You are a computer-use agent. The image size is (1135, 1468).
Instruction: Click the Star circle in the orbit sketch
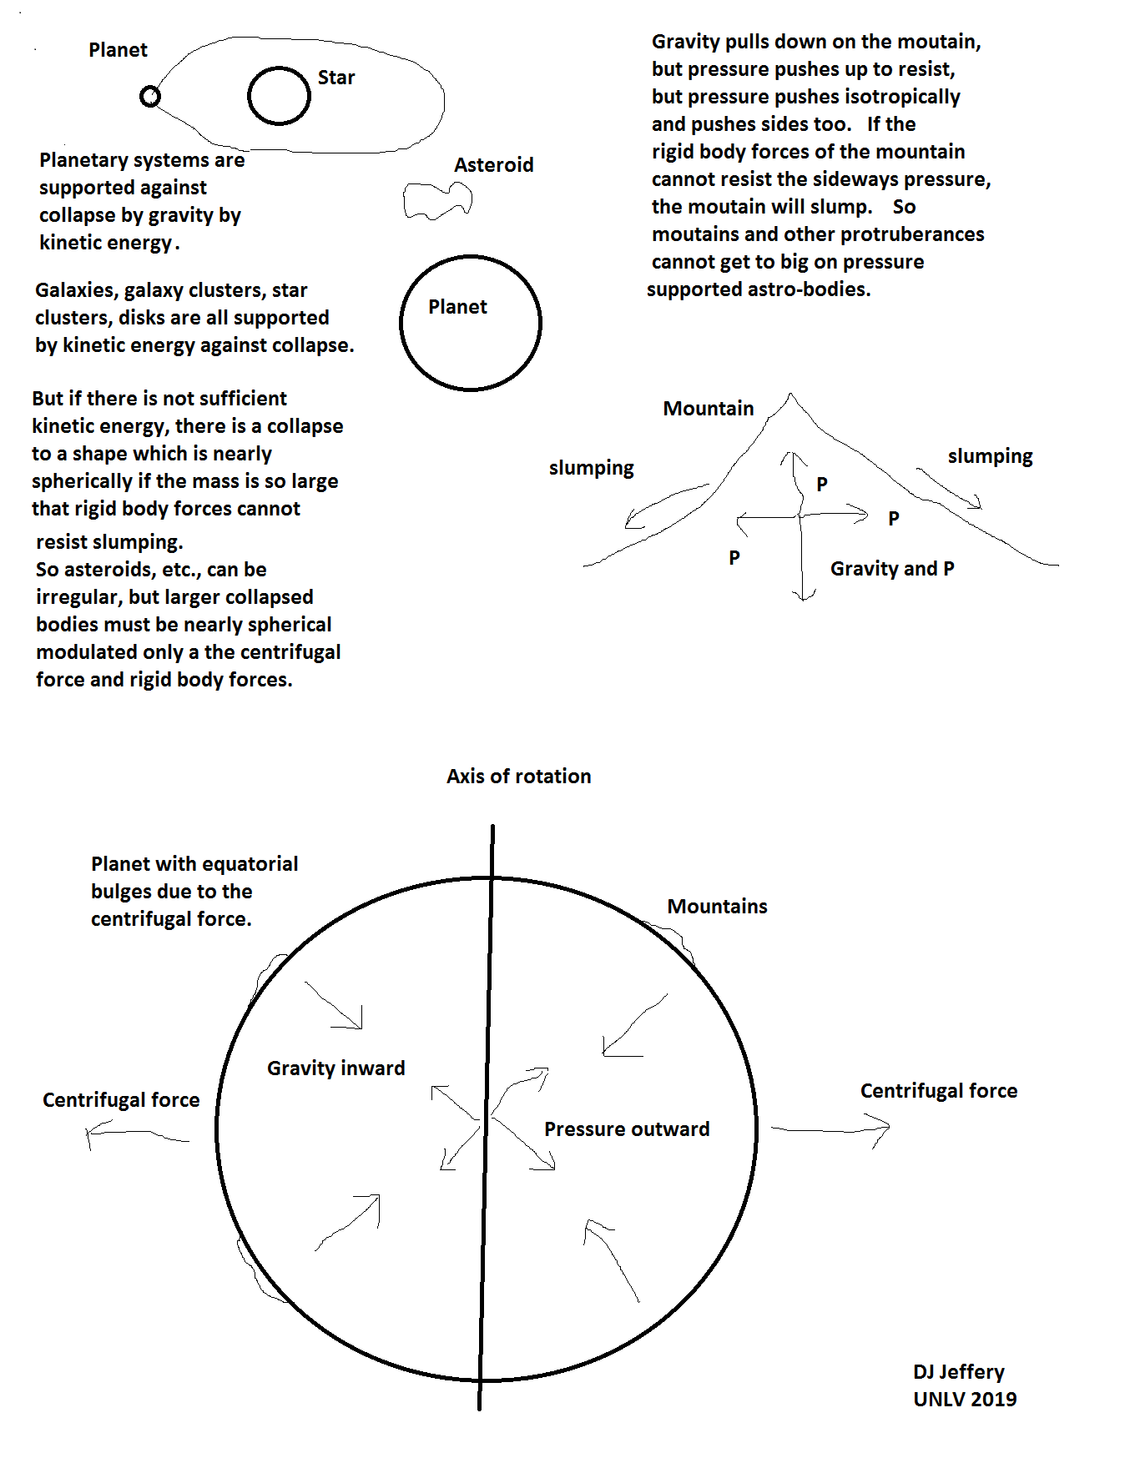[x=279, y=96]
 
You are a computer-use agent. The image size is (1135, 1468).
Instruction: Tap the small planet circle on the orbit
[x=150, y=97]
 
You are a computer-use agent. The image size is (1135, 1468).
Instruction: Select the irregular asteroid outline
[x=437, y=201]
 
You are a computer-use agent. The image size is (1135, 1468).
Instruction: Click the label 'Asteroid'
[x=493, y=165]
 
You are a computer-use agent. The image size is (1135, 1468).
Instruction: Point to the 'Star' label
[x=336, y=78]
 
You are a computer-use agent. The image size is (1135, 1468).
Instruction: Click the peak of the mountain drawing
[x=790, y=395]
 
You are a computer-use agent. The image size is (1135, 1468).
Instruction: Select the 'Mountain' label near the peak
[x=708, y=409]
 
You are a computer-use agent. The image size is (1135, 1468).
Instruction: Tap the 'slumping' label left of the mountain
[x=591, y=468]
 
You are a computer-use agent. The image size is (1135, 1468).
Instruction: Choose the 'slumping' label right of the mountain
[x=990, y=456]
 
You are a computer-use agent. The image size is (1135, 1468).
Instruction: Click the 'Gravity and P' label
[x=891, y=569]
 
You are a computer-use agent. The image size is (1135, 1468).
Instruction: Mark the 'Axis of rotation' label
[x=518, y=777]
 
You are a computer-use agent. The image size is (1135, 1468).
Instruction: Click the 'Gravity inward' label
[x=335, y=1068]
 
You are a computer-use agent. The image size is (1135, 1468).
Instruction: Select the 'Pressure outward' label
[x=627, y=1129]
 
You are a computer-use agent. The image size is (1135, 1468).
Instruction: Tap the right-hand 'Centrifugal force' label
[x=938, y=1091]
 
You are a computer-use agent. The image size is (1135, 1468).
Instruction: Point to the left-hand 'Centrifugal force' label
[x=121, y=1100]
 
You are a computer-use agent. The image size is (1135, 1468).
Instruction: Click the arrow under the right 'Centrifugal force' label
[x=830, y=1129]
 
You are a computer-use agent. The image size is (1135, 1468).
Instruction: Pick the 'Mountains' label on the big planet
[x=717, y=907]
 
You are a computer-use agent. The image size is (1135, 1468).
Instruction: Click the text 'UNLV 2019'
[x=964, y=1400]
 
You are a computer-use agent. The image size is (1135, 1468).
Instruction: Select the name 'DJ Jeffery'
[x=958, y=1372]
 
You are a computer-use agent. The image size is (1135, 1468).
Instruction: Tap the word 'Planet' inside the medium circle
[x=457, y=307]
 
